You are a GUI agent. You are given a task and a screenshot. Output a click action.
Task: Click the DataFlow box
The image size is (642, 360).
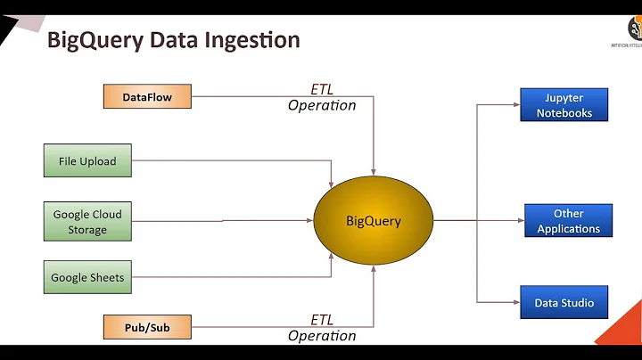(x=149, y=96)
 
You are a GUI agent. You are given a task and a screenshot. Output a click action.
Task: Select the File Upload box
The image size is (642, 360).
(x=87, y=161)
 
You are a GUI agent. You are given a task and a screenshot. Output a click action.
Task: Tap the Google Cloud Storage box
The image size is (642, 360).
(x=87, y=222)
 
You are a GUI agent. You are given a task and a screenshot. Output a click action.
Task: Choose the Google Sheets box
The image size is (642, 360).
(x=87, y=277)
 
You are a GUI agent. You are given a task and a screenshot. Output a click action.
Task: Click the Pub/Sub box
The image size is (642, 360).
(x=147, y=327)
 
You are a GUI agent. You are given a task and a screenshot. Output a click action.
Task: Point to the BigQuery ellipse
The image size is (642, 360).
(x=373, y=221)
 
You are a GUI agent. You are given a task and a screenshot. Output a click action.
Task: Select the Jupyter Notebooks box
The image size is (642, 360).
(x=564, y=105)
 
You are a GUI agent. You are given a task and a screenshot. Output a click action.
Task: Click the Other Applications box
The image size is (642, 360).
(x=568, y=221)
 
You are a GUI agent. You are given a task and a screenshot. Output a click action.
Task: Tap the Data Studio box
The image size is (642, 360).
(x=564, y=303)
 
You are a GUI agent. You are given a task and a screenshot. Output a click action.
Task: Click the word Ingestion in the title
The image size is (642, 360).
(x=254, y=40)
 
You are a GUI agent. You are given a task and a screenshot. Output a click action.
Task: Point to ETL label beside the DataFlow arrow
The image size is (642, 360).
(x=321, y=89)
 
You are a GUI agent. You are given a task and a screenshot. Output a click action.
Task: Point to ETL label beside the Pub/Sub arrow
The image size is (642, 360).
(x=321, y=320)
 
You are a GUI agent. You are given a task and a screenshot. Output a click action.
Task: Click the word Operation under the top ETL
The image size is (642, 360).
(x=321, y=105)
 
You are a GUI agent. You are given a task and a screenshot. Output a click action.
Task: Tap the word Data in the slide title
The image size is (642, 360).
(x=175, y=40)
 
